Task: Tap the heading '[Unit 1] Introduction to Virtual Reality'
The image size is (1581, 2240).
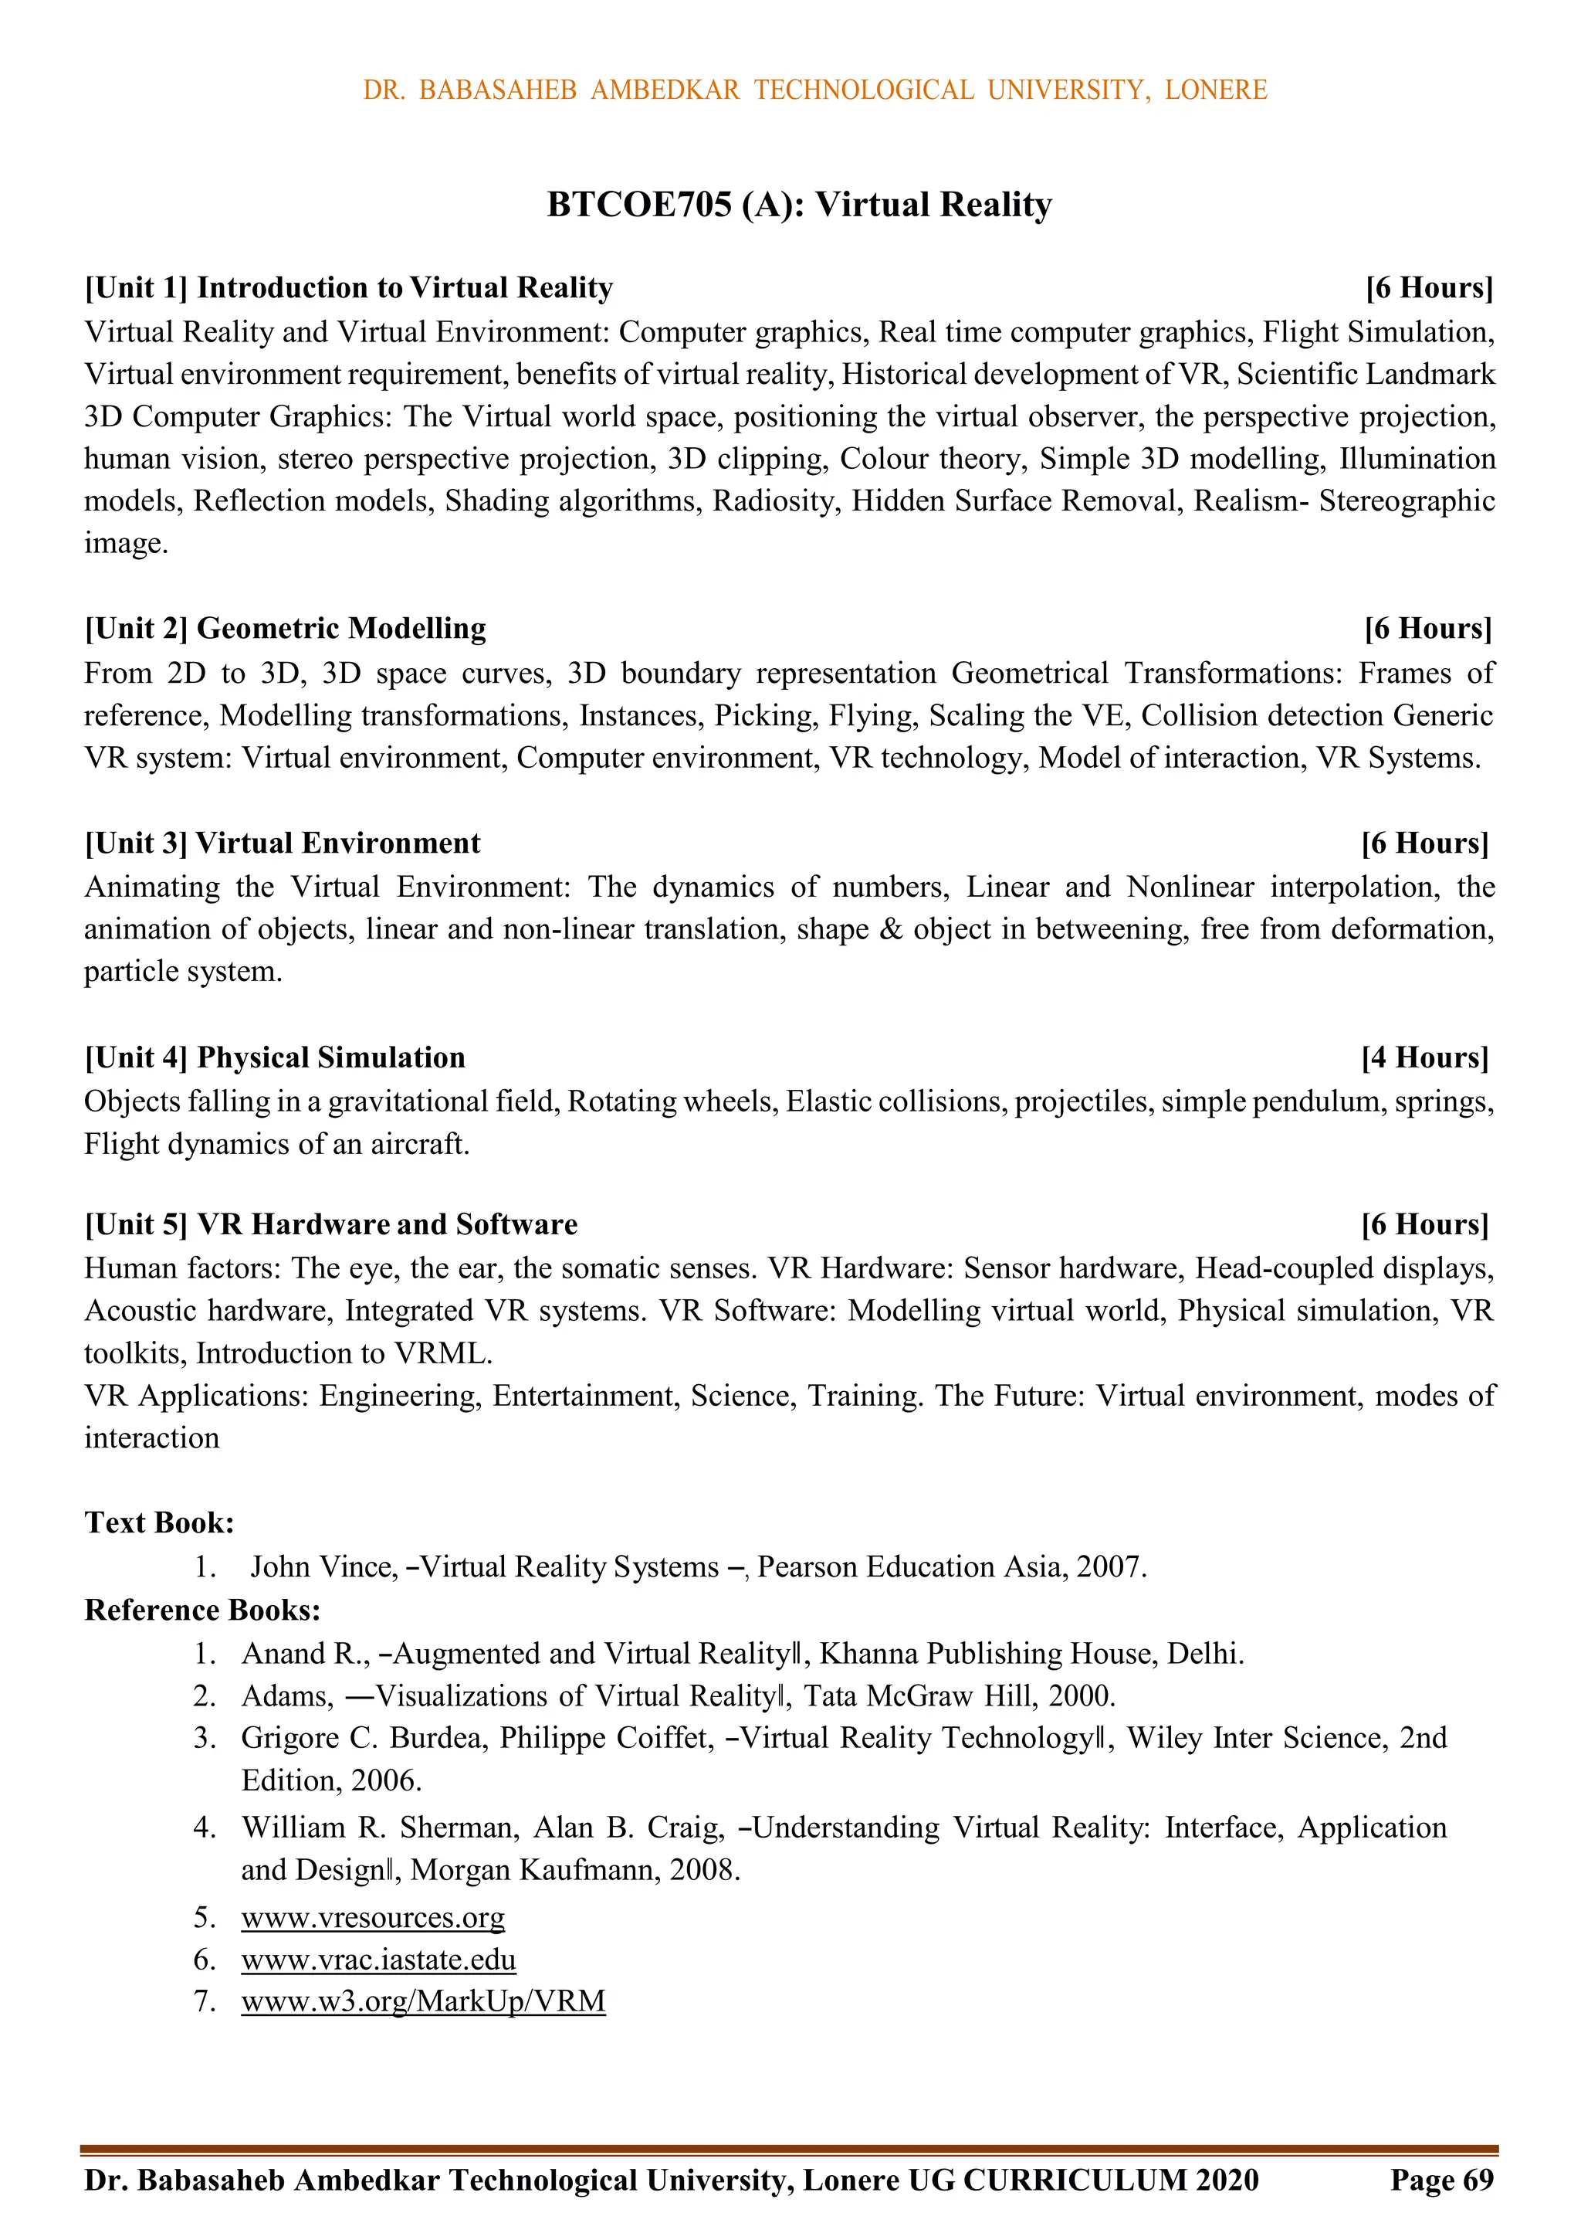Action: tap(348, 288)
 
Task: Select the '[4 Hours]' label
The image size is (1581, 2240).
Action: tap(1424, 1057)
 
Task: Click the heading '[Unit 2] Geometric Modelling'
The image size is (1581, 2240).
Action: tap(285, 628)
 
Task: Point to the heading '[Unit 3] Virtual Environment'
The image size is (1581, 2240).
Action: tap(283, 843)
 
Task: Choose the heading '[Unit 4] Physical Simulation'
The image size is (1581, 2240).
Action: tap(275, 1057)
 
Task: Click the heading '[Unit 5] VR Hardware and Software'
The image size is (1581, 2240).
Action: tap(330, 1224)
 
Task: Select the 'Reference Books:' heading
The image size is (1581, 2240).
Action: tap(202, 1610)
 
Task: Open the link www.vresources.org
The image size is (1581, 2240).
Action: tap(373, 1917)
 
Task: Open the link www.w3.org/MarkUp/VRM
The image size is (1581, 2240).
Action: tap(423, 2001)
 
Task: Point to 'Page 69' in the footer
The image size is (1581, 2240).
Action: tap(1441, 2180)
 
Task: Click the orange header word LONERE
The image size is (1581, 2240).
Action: tap(1215, 90)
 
